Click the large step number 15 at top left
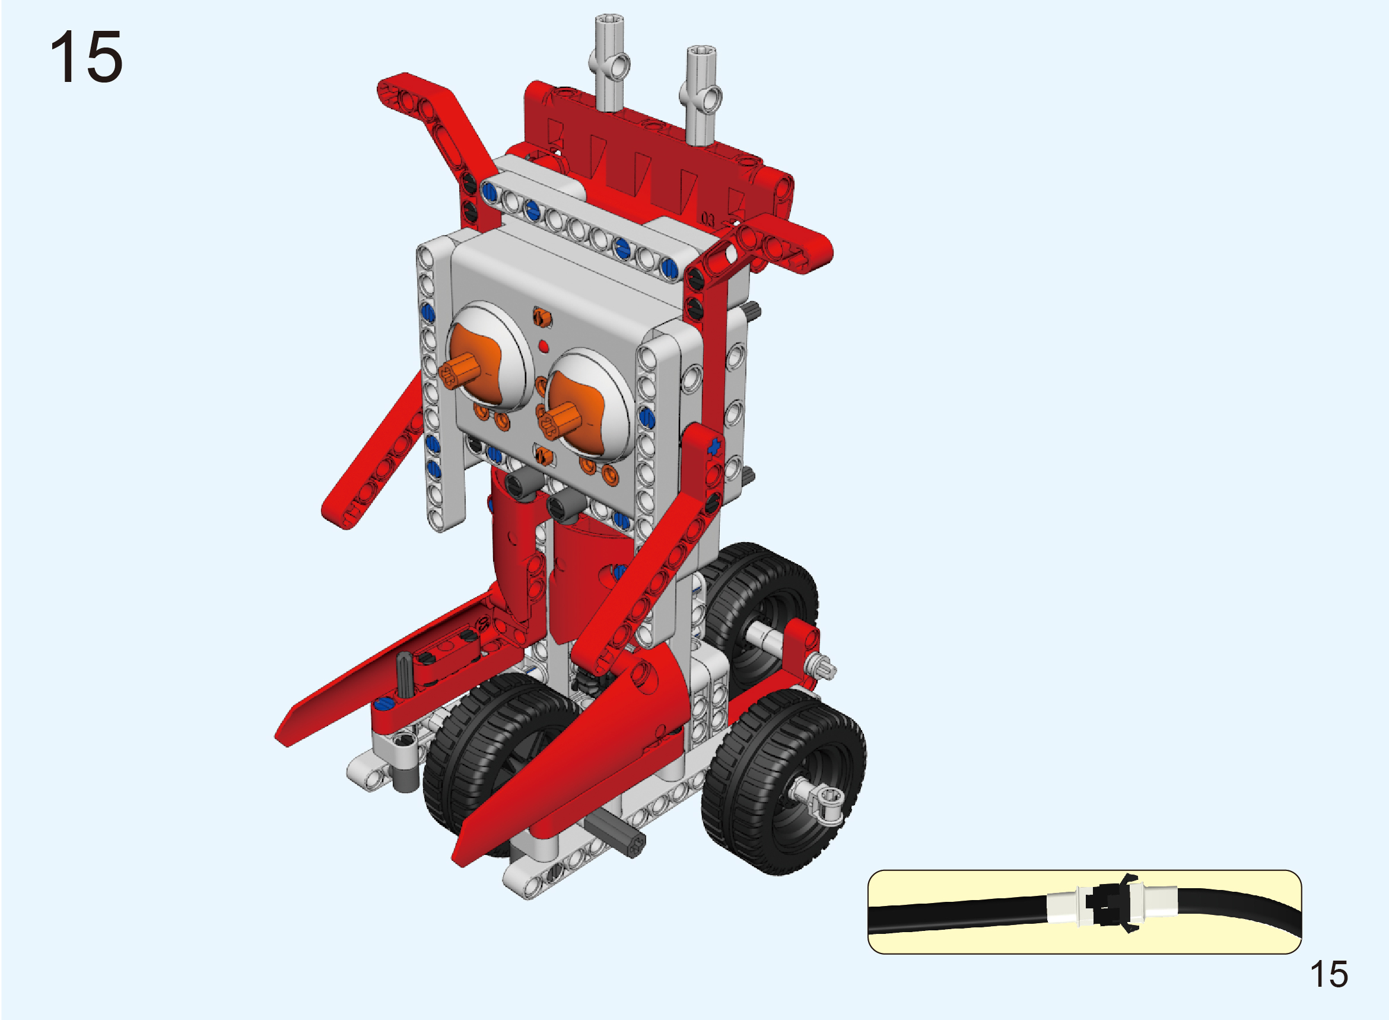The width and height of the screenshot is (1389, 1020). click(86, 57)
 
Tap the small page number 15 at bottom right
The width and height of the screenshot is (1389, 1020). click(1328, 975)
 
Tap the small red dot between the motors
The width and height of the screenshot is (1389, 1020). click(543, 346)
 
